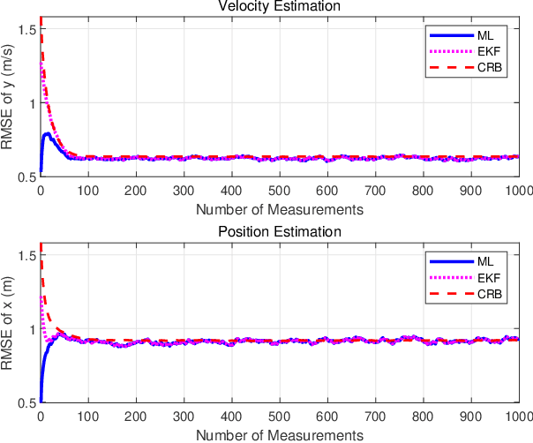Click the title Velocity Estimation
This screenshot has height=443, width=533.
pos(279,8)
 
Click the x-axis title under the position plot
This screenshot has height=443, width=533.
pos(279,435)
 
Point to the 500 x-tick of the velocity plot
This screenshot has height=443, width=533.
pos(279,191)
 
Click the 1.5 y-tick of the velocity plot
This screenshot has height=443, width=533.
pos(26,29)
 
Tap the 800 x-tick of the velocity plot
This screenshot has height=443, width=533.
pos(423,191)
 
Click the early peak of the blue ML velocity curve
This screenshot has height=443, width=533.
pos(47,134)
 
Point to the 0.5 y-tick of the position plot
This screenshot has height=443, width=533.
pos(26,403)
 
